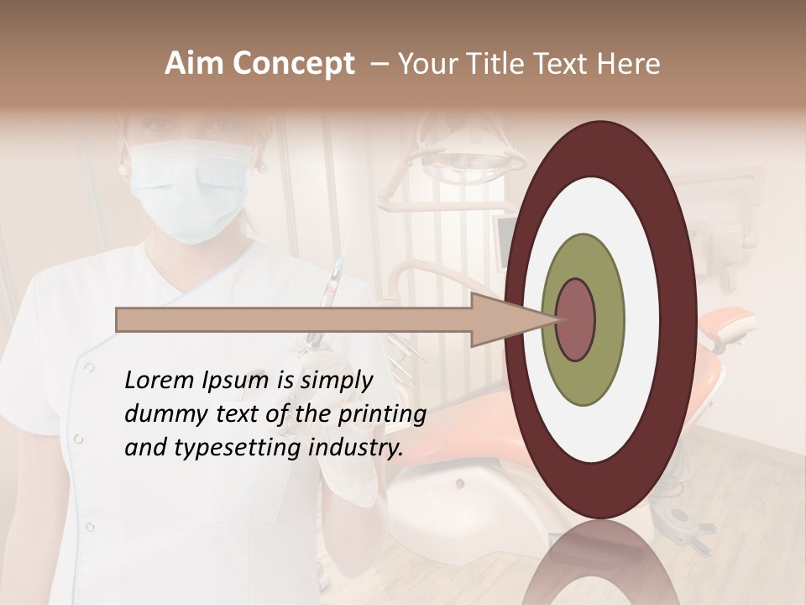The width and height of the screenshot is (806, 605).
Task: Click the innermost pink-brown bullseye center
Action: click(x=576, y=320)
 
